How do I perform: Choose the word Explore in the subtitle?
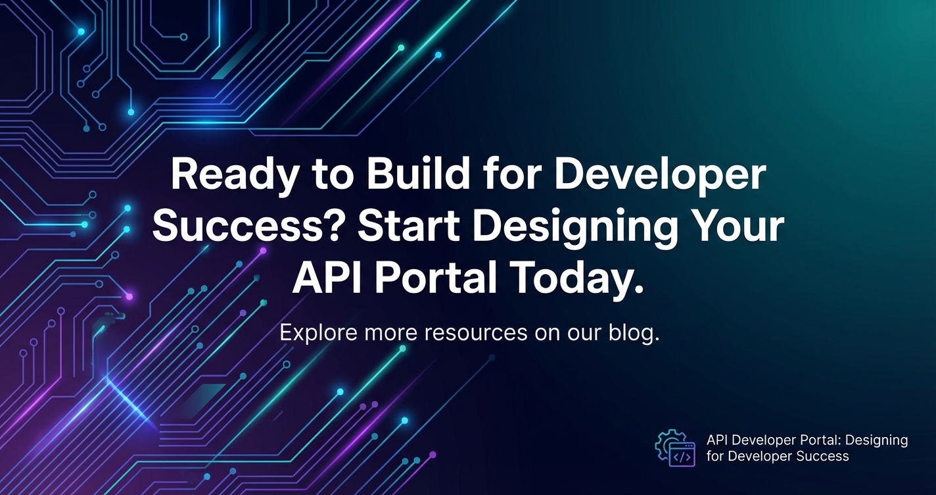[x=318, y=333]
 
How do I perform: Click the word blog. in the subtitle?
[x=634, y=333]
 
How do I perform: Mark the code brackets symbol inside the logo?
[x=682, y=457]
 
